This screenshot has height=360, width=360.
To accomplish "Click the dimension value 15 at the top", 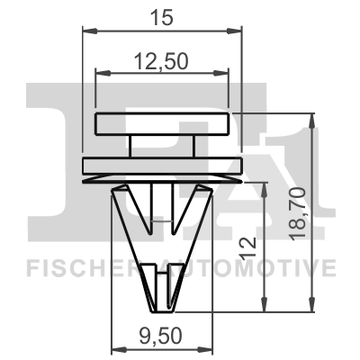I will coord(162,15).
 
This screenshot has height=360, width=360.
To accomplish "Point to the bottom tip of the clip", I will coord(162,304).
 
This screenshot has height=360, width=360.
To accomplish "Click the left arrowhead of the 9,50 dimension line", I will coord(113,352).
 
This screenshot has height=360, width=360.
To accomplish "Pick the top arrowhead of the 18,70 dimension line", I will coord(311,118).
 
